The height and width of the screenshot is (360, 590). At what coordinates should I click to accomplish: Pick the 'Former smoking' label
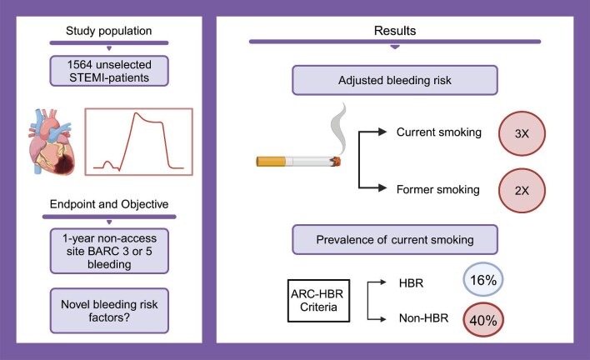[x=427, y=190]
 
